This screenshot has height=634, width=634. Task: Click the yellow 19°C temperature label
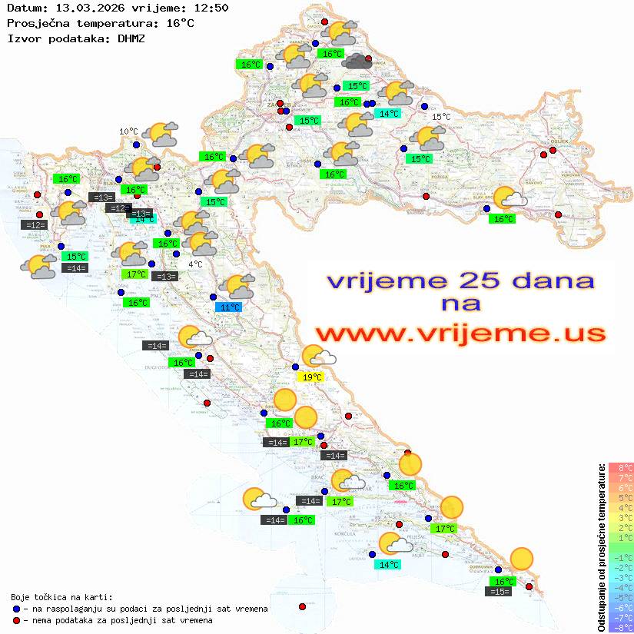(x=311, y=377)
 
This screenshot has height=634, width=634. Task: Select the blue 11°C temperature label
(x=228, y=307)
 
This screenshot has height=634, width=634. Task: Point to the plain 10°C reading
(x=128, y=131)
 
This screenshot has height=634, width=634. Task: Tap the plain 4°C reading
(x=195, y=264)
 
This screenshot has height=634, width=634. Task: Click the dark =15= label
(x=500, y=592)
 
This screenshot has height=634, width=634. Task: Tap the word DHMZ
(x=131, y=38)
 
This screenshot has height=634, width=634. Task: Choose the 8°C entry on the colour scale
(x=621, y=468)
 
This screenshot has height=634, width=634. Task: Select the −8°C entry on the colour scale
(x=621, y=627)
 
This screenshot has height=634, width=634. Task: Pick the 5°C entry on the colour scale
(x=621, y=498)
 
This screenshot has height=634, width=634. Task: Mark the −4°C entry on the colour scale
(x=621, y=587)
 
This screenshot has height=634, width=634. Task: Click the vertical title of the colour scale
(x=601, y=547)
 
